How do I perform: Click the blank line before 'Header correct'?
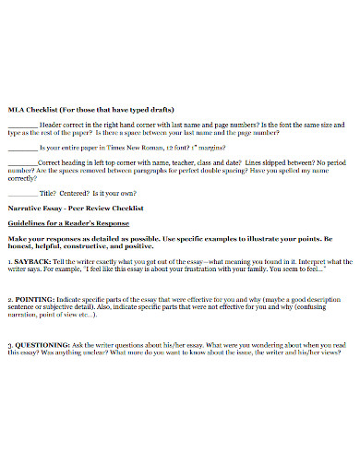(22, 124)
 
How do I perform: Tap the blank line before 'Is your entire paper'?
(22, 146)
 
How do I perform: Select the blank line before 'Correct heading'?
(22, 161)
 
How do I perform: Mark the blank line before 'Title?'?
(22, 192)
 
